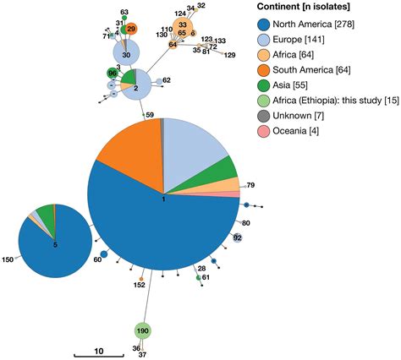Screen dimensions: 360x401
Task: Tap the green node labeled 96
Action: click(113, 75)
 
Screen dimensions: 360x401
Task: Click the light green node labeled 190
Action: click(143, 330)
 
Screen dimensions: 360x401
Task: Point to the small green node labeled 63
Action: click(124, 16)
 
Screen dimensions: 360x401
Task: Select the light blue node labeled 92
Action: click(238, 238)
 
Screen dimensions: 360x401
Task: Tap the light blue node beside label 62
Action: click(158, 82)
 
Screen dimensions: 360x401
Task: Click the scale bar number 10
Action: click(98, 350)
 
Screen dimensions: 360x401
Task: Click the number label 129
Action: click(229, 55)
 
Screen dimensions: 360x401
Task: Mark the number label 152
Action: click(139, 286)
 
